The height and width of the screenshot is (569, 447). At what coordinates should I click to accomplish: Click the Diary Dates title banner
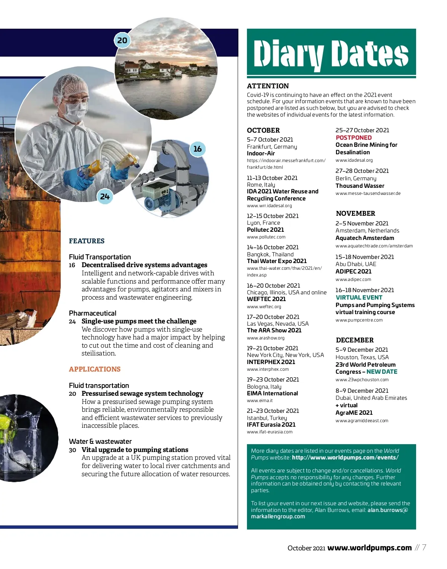coord(331,53)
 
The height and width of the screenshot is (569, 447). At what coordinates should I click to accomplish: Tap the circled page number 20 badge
coord(122,40)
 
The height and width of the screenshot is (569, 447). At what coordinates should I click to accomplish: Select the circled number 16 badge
coord(197,149)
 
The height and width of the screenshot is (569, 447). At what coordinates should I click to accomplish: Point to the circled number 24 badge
coord(105,196)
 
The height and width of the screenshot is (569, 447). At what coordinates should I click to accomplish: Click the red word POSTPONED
coord(354,137)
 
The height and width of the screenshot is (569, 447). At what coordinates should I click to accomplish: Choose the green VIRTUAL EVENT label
coord(359,297)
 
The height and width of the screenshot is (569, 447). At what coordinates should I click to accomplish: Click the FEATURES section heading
coord(87,241)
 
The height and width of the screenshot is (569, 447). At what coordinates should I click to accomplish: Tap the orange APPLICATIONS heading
coord(95,369)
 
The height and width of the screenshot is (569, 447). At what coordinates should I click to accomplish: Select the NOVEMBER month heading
coord(355,214)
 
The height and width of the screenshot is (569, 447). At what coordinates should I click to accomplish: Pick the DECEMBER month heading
coord(355,340)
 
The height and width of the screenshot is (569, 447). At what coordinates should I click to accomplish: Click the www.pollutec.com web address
coord(266,237)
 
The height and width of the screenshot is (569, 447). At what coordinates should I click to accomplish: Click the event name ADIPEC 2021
coord(354,271)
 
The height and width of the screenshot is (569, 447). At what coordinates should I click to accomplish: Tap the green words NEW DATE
coord(382,372)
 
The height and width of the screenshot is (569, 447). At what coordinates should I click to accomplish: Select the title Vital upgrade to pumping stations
coord(135,450)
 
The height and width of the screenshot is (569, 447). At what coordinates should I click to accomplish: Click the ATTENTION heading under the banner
coord(268,86)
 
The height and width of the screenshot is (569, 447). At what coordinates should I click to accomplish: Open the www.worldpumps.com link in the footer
coord(369,548)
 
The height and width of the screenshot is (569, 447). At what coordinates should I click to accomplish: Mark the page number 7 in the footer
coord(424,547)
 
